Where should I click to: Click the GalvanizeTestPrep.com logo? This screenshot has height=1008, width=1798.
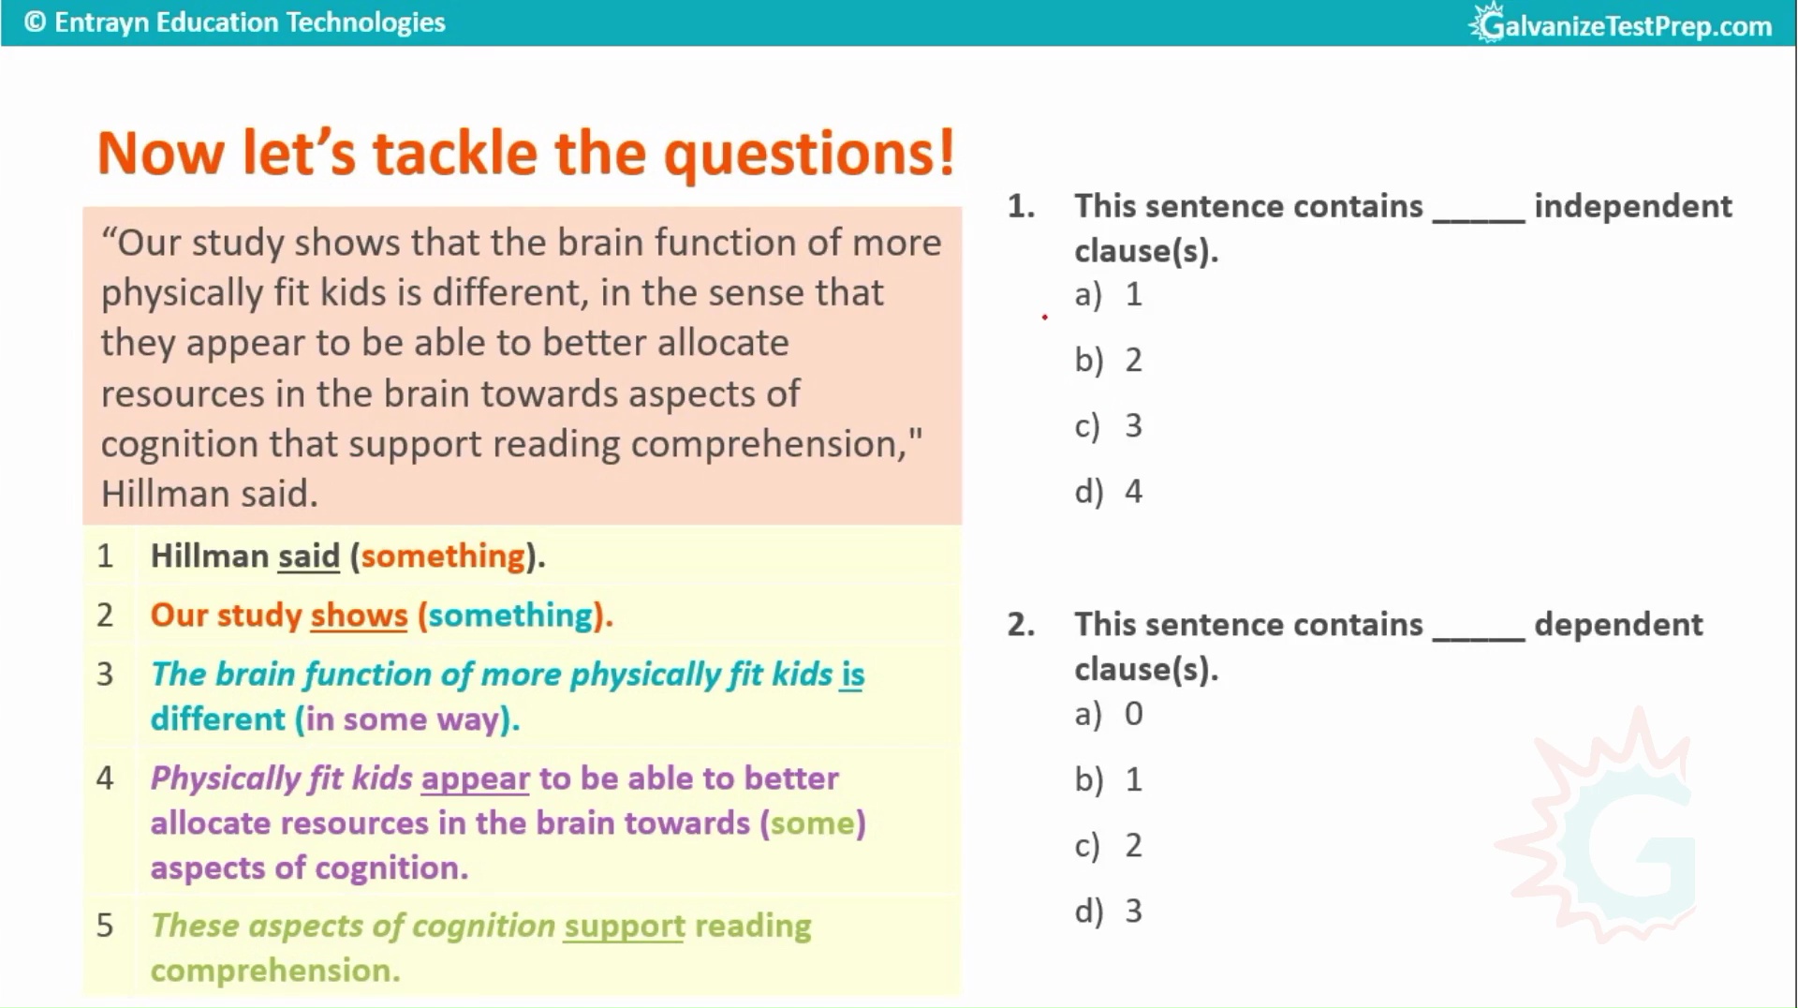coord(1621,23)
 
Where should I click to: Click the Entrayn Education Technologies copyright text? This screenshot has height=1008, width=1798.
coord(235,22)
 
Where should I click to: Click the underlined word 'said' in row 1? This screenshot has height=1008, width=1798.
coord(309,556)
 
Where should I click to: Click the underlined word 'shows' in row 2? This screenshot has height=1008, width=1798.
coord(359,615)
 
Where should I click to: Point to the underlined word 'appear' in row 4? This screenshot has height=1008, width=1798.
coord(476,778)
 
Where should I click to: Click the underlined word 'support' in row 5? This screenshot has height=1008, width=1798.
coord(625,926)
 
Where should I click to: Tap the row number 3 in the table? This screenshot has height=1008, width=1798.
coord(105,674)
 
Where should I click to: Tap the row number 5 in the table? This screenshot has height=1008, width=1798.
coord(105,926)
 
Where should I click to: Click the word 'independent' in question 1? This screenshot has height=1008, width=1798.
coord(1633,206)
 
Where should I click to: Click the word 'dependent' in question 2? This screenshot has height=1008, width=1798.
coord(1618,625)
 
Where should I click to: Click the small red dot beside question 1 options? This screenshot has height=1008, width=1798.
coord(1044,318)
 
